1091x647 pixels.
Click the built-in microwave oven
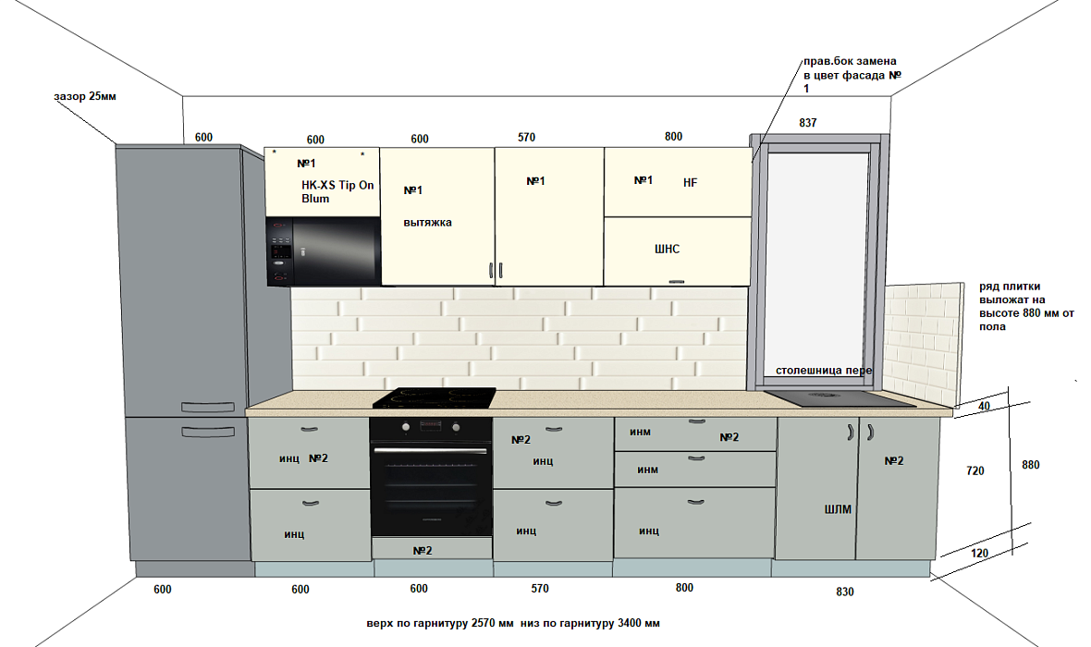tap(323, 251)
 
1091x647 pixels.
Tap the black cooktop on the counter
tap(435, 398)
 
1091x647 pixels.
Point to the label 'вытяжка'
tap(428, 223)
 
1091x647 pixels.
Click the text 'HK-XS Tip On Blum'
tap(337, 191)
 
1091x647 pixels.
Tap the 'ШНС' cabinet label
tap(667, 249)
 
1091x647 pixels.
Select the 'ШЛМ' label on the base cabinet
tap(838, 509)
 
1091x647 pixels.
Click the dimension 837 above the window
tap(807, 123)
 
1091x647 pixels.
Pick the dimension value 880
tap(1030, 466)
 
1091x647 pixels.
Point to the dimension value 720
tap(975, 471)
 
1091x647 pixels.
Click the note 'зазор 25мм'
tap(85, 97)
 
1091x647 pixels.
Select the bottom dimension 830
tap(845, 592)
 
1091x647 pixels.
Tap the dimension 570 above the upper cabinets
tap(526, 138)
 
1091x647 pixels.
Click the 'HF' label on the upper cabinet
tap(690, 183)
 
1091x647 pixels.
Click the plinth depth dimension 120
tap(980, 554)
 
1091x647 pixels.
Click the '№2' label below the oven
tap(423, 551)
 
